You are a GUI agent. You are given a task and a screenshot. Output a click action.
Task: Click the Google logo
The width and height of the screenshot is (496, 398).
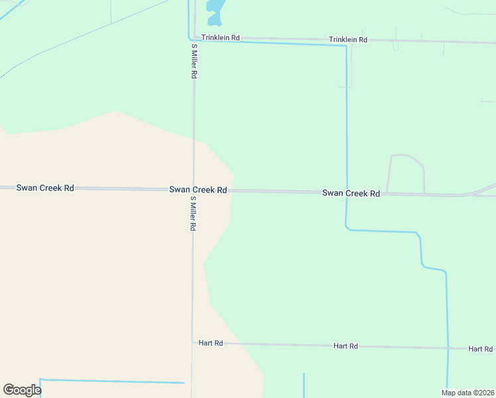pyautogui.click(x=22, y=390)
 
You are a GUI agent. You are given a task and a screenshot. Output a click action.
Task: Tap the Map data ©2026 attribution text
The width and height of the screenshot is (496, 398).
pyautogui.click(x=467, y=392)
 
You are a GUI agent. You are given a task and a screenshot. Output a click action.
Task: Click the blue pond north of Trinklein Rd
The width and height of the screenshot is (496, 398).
pyautogui.click(x=216, y=11)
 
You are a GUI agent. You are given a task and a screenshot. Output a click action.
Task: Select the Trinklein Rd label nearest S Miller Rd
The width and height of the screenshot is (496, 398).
pyautogui.click(x=220, y=38)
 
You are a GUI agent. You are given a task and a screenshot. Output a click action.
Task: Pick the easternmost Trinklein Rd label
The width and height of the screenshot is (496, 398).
pyautogui.click(x=348, y=40)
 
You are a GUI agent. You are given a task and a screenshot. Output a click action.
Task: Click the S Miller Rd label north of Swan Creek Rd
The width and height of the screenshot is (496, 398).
pyautogui.click(x=194, y=62)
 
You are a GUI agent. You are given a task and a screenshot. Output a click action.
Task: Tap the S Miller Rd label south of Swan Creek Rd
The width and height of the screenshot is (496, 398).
pyautogui.click(x=193, y=213)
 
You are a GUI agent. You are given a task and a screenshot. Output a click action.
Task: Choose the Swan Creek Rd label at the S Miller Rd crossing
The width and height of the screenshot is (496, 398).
pyautogui.click(x=198, y=190)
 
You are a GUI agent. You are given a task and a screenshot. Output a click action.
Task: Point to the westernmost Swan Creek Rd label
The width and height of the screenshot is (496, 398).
pyautogui.click(x=45, y=188)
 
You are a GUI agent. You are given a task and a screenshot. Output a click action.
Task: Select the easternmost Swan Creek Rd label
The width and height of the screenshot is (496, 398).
pyautogui.click(x=351, y=193)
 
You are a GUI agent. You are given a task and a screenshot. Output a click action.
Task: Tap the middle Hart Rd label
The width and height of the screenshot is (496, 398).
pyautogui.click(x=345, y=346)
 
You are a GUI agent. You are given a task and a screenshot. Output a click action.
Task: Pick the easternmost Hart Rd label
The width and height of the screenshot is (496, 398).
pyautogui.click(x=480, y=348)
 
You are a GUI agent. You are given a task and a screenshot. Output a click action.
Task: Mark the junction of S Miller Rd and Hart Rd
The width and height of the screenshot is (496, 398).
pyautogui.click(x=192, y=343)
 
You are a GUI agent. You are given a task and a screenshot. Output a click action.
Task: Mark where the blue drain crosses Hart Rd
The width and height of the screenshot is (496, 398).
pyautogui.click(x=448, y=348)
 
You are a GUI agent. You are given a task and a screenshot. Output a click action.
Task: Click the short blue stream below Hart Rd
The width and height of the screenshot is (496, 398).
pyautogui.click(x=304, y=385)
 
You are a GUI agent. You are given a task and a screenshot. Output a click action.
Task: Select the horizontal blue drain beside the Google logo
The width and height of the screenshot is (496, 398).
pyautogui.click(x=113, y=381)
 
